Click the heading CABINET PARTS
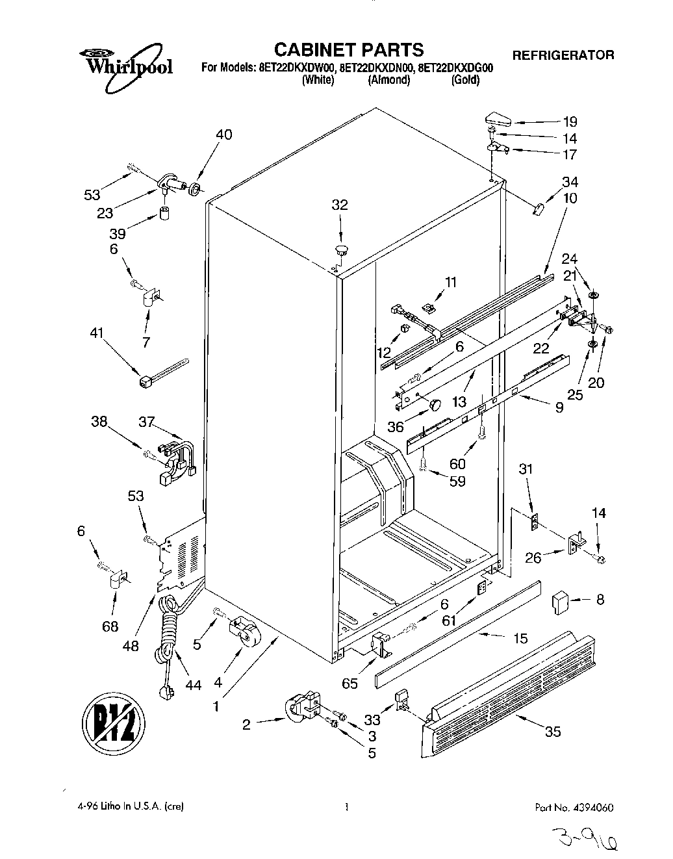(x=348, y=49)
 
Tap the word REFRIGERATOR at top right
(x=563, y=55)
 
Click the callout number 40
(x=223, y=135)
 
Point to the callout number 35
(x=552, y=732)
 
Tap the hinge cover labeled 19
(x=497, y=119)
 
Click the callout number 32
(x=340, y=205)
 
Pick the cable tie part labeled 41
(x=162, y=370)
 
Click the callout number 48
(x=131, y=646)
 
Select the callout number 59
(x=457, y=481)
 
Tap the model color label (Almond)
(x=389, y=80)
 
